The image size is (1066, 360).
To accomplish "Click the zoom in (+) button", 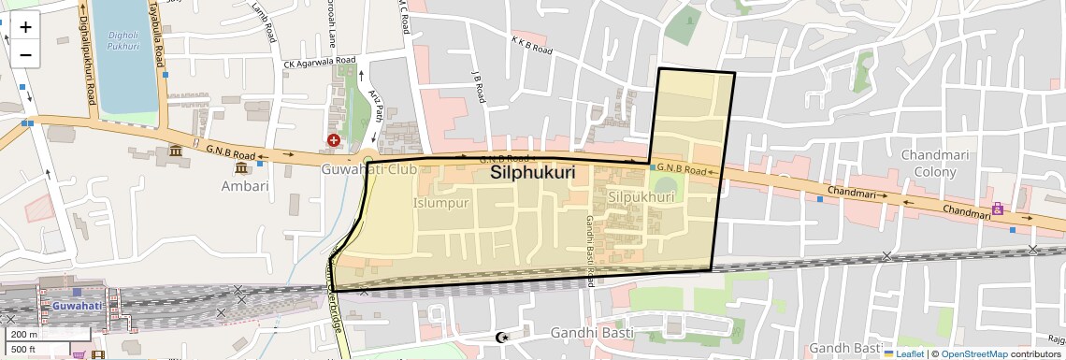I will (25, 26).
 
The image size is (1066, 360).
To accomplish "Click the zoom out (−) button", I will (25, 54).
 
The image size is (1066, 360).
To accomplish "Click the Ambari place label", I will (244, 185).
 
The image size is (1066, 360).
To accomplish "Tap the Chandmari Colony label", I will (929, 162).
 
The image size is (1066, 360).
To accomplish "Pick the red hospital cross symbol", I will (333, 140).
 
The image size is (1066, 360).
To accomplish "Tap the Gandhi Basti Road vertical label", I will (591, 251).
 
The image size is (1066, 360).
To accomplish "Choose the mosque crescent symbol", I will (502, 337).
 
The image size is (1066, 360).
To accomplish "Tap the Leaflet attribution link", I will (906, 353).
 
